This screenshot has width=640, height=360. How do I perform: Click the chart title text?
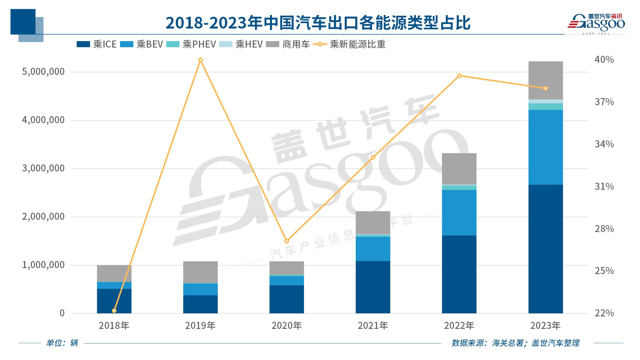click(x=318, y=23)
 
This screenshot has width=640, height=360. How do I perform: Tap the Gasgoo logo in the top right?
click(x=596, y=23)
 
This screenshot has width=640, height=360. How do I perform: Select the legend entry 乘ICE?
click(x=96, y=45)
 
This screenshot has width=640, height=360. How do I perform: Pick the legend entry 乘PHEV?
click(x=191, y=45)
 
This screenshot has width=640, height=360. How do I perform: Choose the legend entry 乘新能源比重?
click(x=349, y=45)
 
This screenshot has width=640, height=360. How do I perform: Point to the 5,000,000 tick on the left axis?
click(x=43, y=72)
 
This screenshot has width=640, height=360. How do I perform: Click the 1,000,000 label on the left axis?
click(x=43, y=265)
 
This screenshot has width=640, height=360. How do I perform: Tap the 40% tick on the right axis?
click(x=604, y=60)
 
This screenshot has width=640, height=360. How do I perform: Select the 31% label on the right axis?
click(x=604, y=187)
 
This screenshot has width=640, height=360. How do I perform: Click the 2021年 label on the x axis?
click(x=373, y=326)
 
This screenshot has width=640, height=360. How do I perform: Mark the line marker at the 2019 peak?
click(x=200, y=60)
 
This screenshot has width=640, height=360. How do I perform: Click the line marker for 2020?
click(x=286, y=241)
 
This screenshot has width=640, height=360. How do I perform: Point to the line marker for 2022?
click(x=459, y=76)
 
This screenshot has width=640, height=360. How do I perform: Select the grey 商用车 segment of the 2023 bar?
click(x=545, y=80)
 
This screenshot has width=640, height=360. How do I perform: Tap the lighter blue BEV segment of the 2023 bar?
click(x=545, y=147)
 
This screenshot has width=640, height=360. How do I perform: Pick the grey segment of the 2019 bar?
click(x=200, y=272)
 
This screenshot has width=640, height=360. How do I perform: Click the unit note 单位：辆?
click(x=62, y=343)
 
